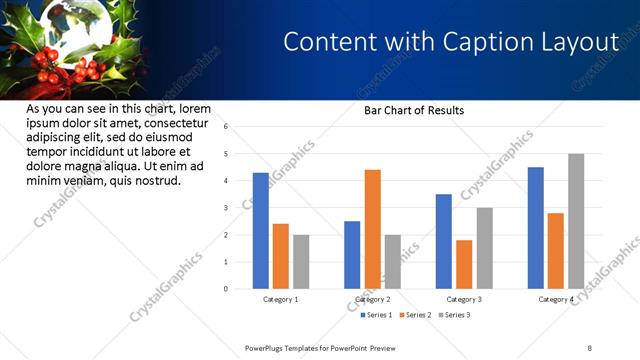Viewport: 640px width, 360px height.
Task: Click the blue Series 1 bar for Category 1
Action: click(261, 231)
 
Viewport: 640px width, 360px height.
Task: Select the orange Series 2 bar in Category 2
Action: click(372, 229)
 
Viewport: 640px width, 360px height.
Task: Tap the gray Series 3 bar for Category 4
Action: click(576, 221)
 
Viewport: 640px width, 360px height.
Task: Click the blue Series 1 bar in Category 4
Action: click(536, 228)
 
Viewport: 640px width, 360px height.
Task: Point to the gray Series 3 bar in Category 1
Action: click(301, 262)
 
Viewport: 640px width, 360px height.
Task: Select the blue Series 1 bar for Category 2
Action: click(352, 255)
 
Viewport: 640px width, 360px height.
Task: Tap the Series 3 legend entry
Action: click(455, 315)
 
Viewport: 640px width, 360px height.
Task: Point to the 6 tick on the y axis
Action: click(226, 127)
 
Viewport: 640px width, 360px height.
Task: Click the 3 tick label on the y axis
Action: click(226, 208)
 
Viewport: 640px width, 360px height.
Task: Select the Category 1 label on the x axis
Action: click(281, 299)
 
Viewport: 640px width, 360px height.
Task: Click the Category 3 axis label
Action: click(464, 299)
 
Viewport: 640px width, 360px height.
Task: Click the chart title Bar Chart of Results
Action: click(413, 110)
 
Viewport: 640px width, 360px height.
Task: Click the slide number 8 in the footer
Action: click(589, 347)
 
